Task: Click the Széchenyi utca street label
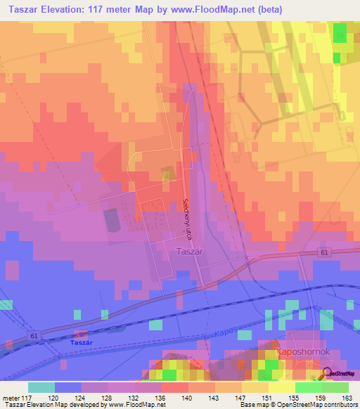click(x=186, y=217)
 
